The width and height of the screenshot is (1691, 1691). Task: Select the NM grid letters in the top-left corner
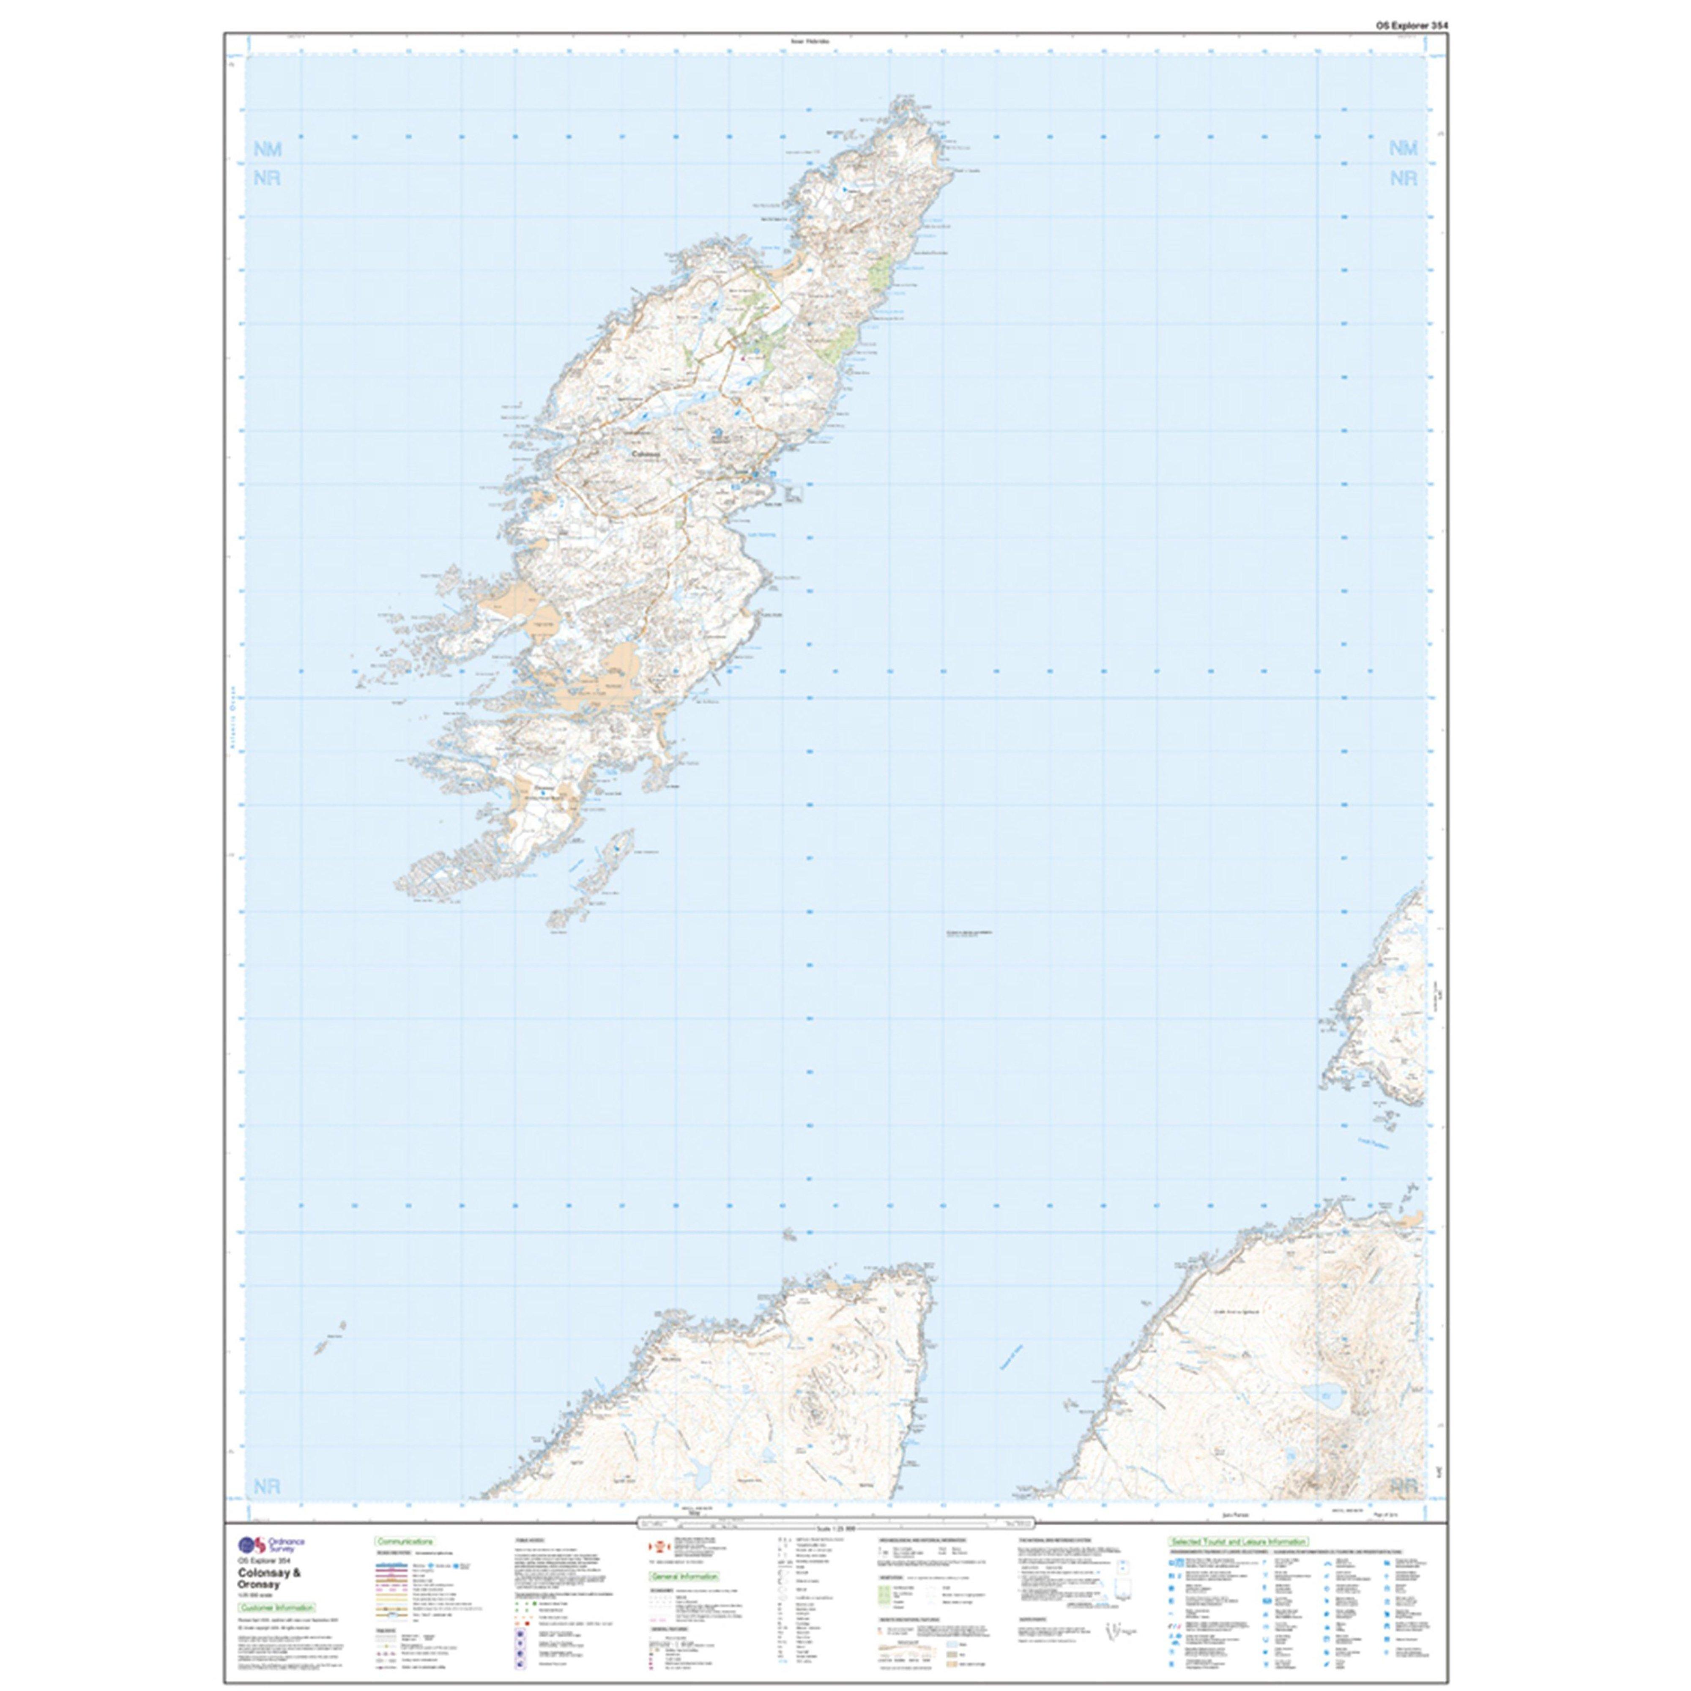pyautogui.click(x=268, y=150)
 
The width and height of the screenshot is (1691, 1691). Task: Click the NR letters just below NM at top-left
pyautogui.click(x=268, y=178)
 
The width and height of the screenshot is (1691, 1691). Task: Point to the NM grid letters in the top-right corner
pyautogui.click(x=1403, y=149)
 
